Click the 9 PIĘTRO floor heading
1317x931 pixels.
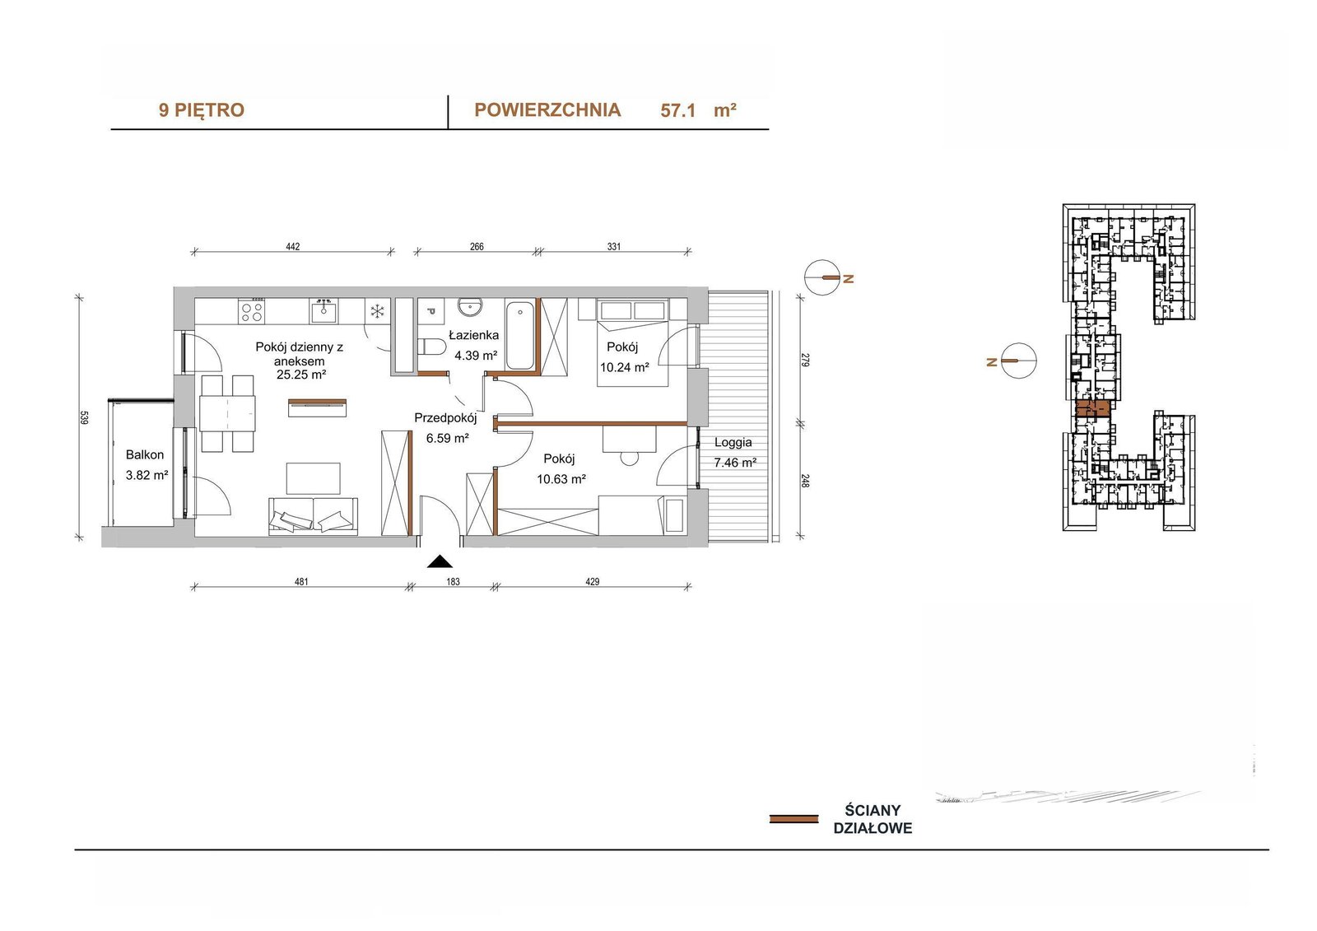pyautogui.click(x=201, y=110)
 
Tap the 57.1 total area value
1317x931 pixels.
pyautogui.click(x=678, y=110)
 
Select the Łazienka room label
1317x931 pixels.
pyautogui.click(x=473, y=335)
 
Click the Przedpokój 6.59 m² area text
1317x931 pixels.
pyautogui.click(x=447, y=438)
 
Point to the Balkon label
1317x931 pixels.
pyautogui.click(x=145, y=454)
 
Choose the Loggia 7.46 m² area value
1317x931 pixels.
pyautogui.click(x=735, y=463)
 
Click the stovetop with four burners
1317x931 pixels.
pyautogui.click(x=252, y=311)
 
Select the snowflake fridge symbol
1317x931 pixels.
pyautogui.click(x=377, y=310)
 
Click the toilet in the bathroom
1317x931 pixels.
pyautogui.click(x=432, y=347)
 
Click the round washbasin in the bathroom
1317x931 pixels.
pyautogui.click(x=470, y=306)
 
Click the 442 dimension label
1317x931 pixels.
pyautogui.click(x=293, y=246)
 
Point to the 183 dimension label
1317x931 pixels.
pyautogui.click(x=453, y=582)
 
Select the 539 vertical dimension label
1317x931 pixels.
pyautogui.click(x=83, y=417)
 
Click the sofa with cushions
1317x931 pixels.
pyautogui.click(x=313, y=516)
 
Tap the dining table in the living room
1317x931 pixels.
pyautogui.click(x=227, y=414)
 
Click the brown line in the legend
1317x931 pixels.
pyautogui.click(x=793, y=819)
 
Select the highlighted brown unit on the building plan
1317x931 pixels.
pyautogui.click(x=1092, y=409)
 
